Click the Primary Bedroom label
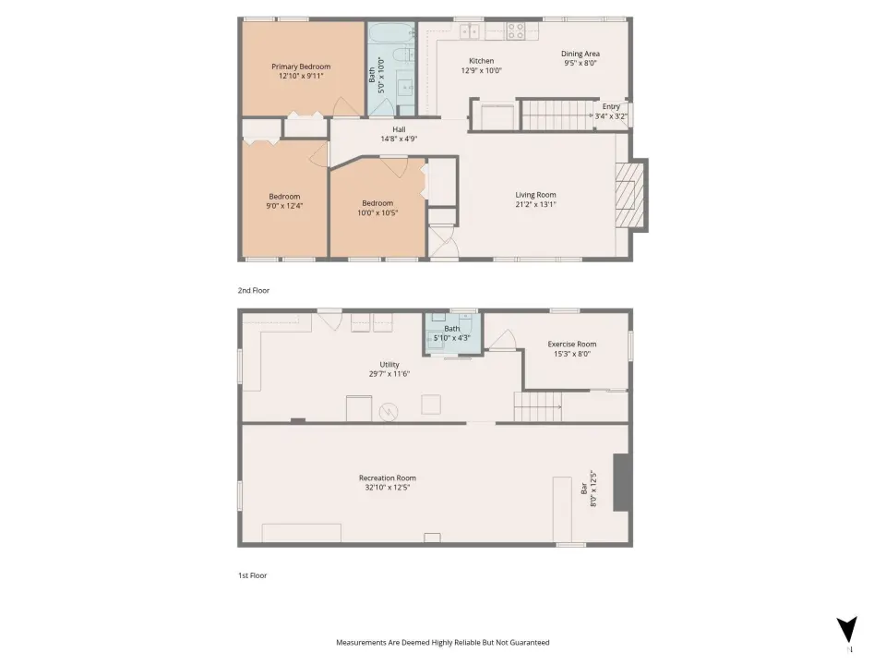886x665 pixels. [301, 66]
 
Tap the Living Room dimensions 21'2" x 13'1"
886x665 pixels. [535, 204]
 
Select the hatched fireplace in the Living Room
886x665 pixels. [629, 195]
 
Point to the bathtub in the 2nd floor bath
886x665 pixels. [392, 33]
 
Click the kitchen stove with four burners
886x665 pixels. [515, 30]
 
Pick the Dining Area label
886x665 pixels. [581, 54]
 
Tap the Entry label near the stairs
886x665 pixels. [611, 106]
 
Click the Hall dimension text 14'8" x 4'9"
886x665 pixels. [399, 139]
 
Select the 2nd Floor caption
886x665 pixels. [254, 290]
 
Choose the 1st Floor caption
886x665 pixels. [253, 575]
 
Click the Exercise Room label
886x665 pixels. [572, 344]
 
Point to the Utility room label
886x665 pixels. [389, 365]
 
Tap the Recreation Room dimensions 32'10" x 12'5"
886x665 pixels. [388, 487]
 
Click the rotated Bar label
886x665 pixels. [584, 489]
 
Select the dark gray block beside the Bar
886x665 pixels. [622, 482]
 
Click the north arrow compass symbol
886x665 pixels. [846, 630]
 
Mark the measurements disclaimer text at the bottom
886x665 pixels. [443, 643]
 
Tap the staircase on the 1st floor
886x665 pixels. [537, 406]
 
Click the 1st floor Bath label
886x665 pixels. [452, 329]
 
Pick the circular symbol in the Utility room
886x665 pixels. [389, 412]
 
